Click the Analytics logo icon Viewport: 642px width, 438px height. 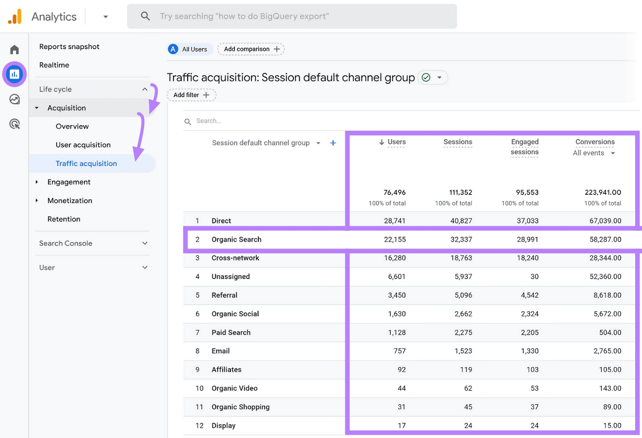tap(15, 16)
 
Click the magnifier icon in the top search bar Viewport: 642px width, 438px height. tap(145, 16)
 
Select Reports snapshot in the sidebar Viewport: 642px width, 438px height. tap(69, 47)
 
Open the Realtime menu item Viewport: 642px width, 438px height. tap(54, 65)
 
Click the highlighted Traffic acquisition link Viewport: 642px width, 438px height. tap(86, 163)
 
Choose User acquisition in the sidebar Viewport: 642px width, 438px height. tap(83, 145)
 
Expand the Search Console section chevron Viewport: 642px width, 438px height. tap(145, 243)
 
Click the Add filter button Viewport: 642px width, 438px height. tap(191, 95)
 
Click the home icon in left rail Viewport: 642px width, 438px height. tap(14, 49)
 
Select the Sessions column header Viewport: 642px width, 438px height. tap(457, 142)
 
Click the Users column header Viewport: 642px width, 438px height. tap(396, 142)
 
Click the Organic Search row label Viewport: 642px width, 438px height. tap(236, 240)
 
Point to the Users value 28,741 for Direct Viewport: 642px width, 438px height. tap(394, 221)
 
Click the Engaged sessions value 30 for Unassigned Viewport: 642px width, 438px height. tap(534, 277)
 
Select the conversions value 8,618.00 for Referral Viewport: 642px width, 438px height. tap(607, 295)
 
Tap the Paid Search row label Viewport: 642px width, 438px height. tap(231, 332)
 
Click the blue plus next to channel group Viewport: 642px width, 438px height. tap(333, 143)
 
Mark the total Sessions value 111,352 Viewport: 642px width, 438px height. tap(460, 193)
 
